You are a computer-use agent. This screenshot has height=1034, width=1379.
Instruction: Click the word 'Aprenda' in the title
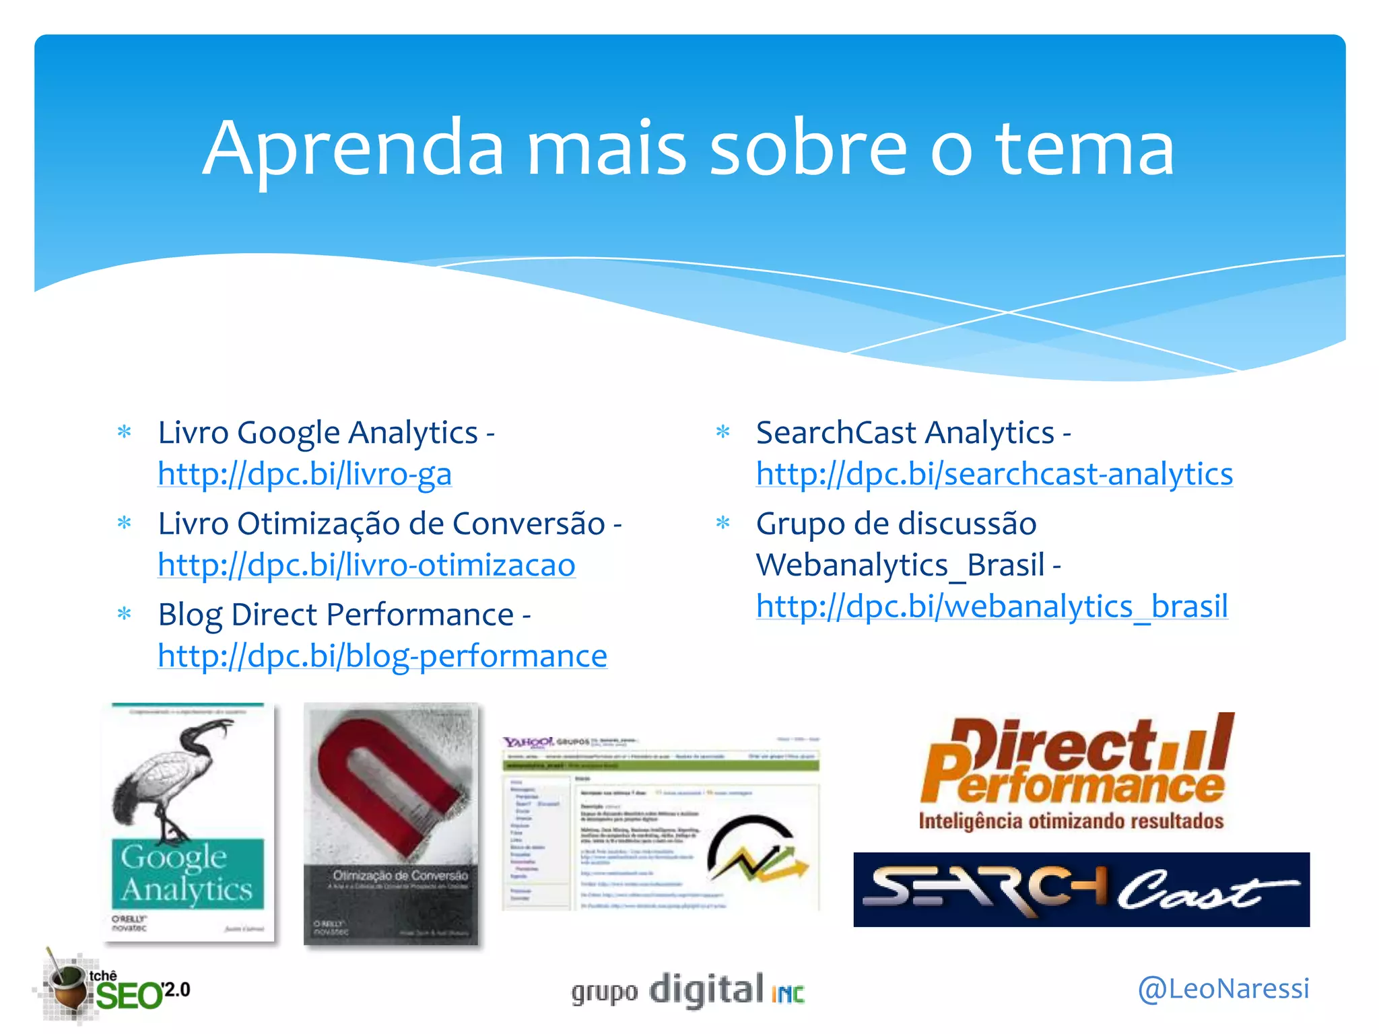tap(354, 149)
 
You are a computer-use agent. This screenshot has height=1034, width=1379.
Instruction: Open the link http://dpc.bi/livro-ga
tap(304, 474)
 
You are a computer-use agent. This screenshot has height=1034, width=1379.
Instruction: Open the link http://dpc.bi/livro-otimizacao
tap(366, 565)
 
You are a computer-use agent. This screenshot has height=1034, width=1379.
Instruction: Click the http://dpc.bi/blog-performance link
tap(382, 656)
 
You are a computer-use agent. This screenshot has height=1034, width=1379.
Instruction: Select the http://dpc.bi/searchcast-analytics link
tap(994, 474)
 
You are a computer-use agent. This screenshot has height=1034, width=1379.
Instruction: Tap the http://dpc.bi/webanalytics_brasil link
tap(992, 606)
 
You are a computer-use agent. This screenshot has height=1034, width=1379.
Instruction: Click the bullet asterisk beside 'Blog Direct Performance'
tap(125, 614)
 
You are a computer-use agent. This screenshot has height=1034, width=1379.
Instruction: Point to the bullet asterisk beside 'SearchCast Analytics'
tap(722, 432)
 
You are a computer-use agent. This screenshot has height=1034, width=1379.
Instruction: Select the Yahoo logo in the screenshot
tap(528, 742)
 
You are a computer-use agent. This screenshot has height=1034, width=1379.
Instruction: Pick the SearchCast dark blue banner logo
tap(1081, 889)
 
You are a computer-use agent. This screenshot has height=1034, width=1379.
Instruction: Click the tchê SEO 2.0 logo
tap(114, 988)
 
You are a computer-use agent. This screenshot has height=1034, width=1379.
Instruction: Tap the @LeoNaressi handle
tap(1223, 988)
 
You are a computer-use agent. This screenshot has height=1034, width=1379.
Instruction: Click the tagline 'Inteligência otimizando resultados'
tap(1071, 821)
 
